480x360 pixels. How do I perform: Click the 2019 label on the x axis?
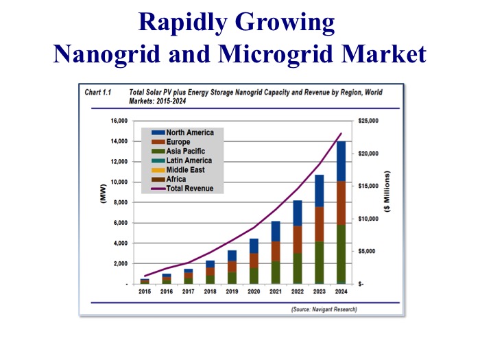tap(231, 291)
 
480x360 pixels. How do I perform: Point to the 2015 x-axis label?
tap(145, 291)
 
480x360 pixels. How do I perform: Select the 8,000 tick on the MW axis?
tap(121, 202)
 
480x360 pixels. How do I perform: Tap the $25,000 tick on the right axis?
tap(369, 121)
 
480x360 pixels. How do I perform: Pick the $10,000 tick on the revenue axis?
tap(369, 219)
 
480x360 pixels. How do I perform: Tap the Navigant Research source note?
tap(320, 310)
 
